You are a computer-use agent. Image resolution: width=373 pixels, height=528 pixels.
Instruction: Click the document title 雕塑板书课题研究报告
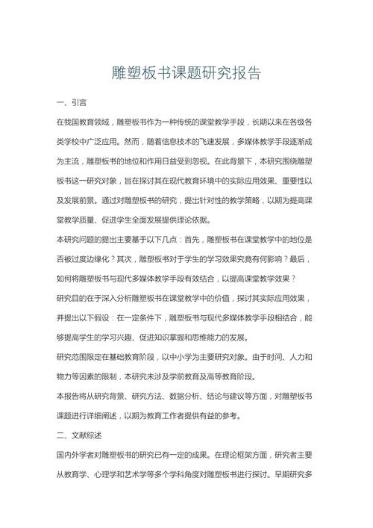click(186, 73)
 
